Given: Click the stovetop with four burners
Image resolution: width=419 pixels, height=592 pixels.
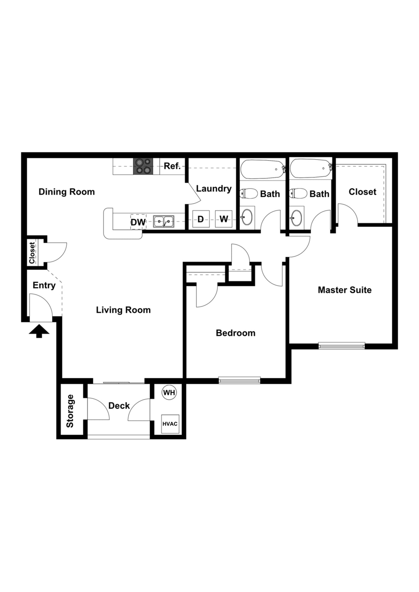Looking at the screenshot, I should [x=143, y=166].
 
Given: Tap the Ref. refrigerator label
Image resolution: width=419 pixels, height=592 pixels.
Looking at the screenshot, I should [x=172, y=166].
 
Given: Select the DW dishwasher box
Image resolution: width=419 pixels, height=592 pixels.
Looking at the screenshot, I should [x=138, y=222].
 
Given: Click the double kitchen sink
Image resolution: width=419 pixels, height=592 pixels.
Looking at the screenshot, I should [x=164, y=221].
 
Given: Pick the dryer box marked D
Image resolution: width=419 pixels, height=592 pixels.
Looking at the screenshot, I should [x=201, y=219].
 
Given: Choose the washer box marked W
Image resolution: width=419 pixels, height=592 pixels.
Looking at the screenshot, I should [x=224, y=219].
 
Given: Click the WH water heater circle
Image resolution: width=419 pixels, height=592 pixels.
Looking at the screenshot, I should [x=169, y=393].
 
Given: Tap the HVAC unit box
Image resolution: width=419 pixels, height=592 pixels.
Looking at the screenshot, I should [x=170, y=424].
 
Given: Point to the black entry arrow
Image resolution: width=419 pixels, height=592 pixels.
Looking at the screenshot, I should [x=39, y=331].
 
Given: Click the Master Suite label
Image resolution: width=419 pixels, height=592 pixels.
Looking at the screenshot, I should [x=345, y=290].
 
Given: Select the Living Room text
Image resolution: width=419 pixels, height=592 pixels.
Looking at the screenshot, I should [x=123, y=310].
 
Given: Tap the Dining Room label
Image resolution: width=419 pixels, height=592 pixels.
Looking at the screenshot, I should [x=67, y=192].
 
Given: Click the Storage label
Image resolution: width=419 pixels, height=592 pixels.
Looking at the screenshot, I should [x=70, y=411].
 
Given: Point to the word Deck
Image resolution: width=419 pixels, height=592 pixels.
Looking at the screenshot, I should [x=119, y=406].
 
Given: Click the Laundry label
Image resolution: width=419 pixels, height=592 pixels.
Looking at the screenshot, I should [x=214, y=188].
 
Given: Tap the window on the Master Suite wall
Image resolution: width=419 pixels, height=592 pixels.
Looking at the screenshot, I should [x=341, y=346].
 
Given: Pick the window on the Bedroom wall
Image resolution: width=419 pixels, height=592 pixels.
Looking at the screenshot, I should [x=239, y=380].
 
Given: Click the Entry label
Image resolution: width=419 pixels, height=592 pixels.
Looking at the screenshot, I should [x=44, y=285].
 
